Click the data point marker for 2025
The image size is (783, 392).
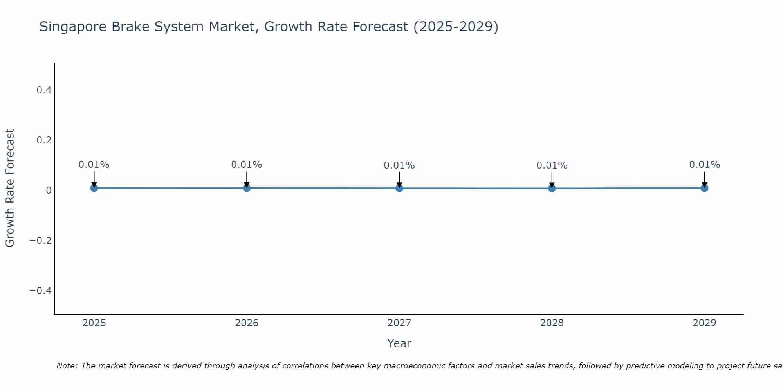click(94, 188)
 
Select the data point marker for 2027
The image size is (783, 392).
click(399, 189)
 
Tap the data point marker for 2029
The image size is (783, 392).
click(704, 188)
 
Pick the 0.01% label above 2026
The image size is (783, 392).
click(246, 165)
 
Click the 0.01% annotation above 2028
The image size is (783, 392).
click(552, 165)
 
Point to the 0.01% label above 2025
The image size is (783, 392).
click(94, 165)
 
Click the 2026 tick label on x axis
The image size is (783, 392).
click(247, 323)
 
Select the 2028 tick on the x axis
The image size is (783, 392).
click(552, 323)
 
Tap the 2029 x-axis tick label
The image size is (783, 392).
click(704, 323)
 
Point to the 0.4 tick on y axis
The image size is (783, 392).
click(44, 90)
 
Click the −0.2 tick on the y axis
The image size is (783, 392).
click(41, 240)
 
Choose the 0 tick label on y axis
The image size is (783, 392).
click(49, 191)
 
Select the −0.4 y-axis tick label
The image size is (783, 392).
click(41, 290)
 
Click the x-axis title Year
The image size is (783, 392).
click(399, 343)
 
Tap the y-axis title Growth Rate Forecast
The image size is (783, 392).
click(10, 188)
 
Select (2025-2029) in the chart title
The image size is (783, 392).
click(456, 27)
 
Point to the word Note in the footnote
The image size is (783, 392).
click(67, 366)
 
